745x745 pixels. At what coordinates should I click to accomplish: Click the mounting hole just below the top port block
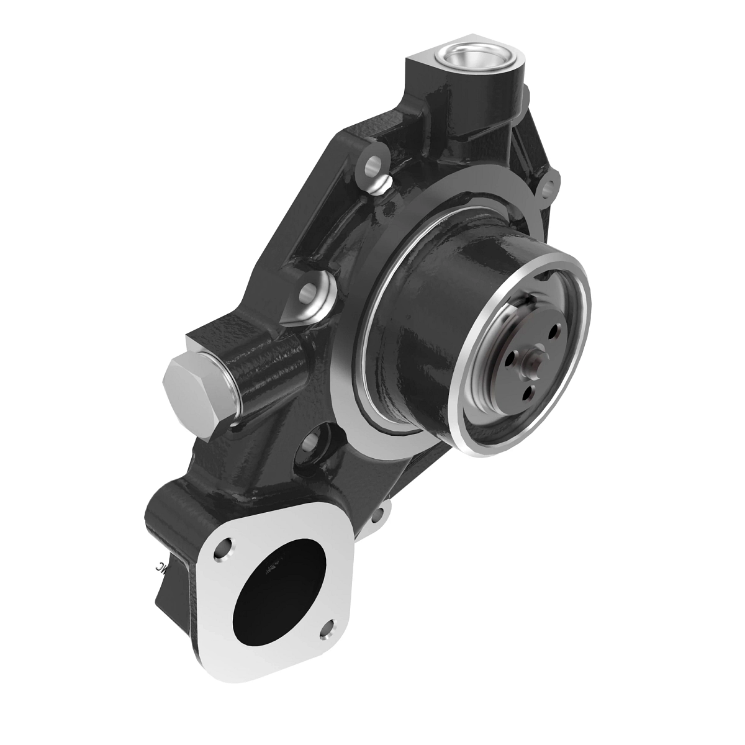point(373,166)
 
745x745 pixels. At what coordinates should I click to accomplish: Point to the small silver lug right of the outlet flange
point(383,515)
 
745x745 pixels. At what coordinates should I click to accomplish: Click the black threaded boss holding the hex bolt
point(273,366)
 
